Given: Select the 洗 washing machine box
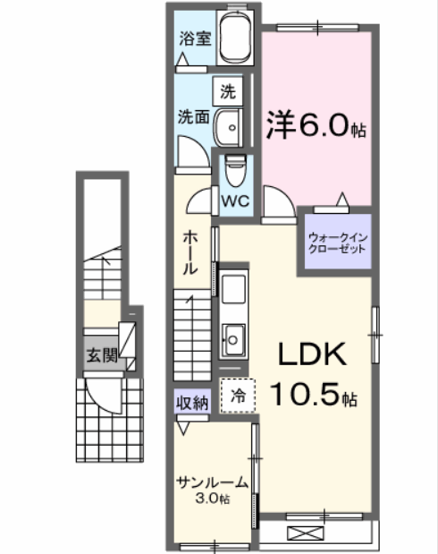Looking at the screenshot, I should [228, 90].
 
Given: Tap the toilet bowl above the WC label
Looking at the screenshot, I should [236, 169].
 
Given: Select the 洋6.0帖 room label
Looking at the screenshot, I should [316, 124].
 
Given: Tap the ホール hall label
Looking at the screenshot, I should [190, 252].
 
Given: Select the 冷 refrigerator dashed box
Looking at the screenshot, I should [238, 395].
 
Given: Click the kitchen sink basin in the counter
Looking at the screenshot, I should [235, 339].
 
